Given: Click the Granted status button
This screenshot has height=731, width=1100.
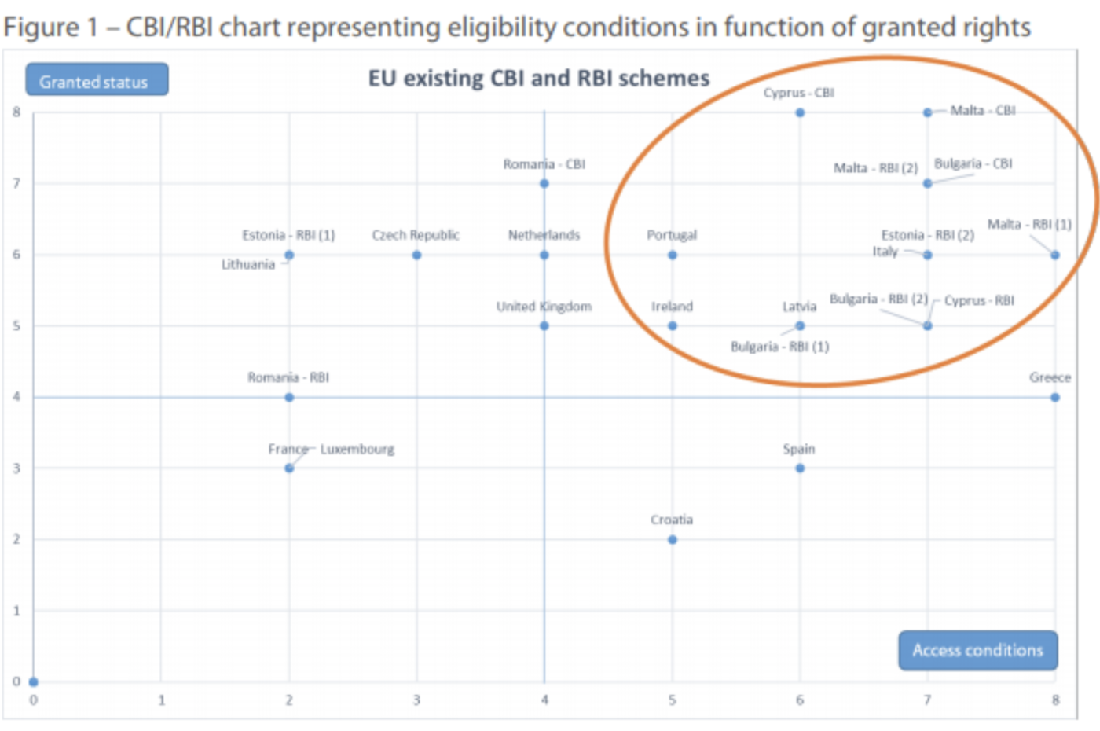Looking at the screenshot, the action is (x=97, y=79).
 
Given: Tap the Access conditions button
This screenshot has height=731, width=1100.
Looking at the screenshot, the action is (x=977, y=651).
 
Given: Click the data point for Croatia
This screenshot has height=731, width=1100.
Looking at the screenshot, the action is (x=673, y=540).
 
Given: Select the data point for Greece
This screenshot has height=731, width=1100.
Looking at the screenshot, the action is (x=1054, y=398).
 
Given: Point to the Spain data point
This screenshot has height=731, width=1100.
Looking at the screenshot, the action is (x=800, y=468).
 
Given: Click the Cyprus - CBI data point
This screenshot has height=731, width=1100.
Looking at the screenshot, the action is (x=800, y=112).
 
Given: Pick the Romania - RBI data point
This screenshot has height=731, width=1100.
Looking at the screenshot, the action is (x=289, y=398).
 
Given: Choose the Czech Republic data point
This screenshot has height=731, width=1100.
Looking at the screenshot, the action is (x=416, y=255).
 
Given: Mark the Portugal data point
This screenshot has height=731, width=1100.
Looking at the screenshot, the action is (x=673, y=255).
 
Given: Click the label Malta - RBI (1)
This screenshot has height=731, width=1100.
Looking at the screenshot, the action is (x=1029, y=225).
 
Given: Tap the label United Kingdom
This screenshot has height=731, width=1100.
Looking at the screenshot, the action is (x=544, y=307).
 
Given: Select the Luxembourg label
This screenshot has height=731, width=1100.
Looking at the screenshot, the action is (x=357, y=449).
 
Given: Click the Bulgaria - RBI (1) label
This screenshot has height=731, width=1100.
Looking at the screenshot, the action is (x=779, y=347).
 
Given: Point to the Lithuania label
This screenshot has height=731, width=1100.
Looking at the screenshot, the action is (x=248, y=264).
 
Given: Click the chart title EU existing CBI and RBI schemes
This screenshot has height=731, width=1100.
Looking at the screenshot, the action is (x=539, y=79).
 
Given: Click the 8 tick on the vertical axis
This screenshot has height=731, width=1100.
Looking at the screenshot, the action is (x=16, y=112).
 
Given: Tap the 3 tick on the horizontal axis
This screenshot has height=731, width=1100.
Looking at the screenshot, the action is (x=416, y=700).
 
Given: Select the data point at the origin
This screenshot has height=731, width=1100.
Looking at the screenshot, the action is (x=33, y=682).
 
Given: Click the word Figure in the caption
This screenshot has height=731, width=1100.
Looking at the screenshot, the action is (x=41, y=28).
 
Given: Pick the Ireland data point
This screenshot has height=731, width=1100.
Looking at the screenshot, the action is (x=673, y=325).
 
